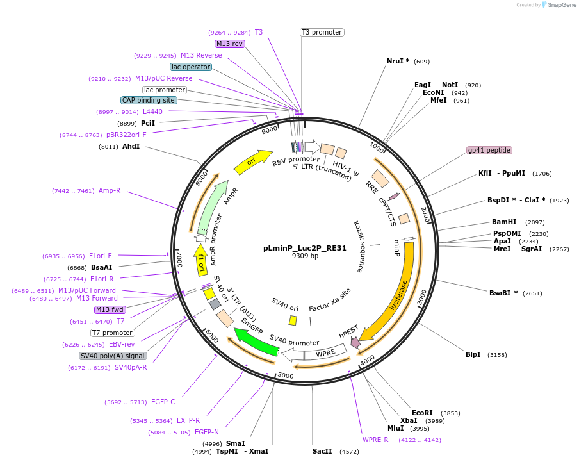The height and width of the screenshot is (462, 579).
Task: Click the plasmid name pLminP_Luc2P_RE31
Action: tap(305, 247)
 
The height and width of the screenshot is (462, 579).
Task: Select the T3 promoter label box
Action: tap(322, 32)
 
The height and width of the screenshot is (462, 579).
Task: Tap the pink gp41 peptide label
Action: tap(489, 150)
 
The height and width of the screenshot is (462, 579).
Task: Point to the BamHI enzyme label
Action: tap(504, 222)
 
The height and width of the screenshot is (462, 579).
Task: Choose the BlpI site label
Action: tap(473, 354)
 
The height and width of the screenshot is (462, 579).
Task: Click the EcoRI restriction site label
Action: tap(422, 413)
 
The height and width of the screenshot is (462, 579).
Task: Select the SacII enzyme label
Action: tap(322, 451)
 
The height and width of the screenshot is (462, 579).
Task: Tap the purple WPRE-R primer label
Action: tap(375, 440)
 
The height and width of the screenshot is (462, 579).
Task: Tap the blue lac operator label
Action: tap(191, 67)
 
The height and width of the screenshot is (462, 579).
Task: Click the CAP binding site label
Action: tap(148, 100)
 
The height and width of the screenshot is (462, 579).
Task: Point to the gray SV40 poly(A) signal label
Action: tap(113, 356)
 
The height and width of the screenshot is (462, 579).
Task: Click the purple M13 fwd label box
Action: tap(110, 309)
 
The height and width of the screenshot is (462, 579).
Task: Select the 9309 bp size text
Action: tap(305, 256)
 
